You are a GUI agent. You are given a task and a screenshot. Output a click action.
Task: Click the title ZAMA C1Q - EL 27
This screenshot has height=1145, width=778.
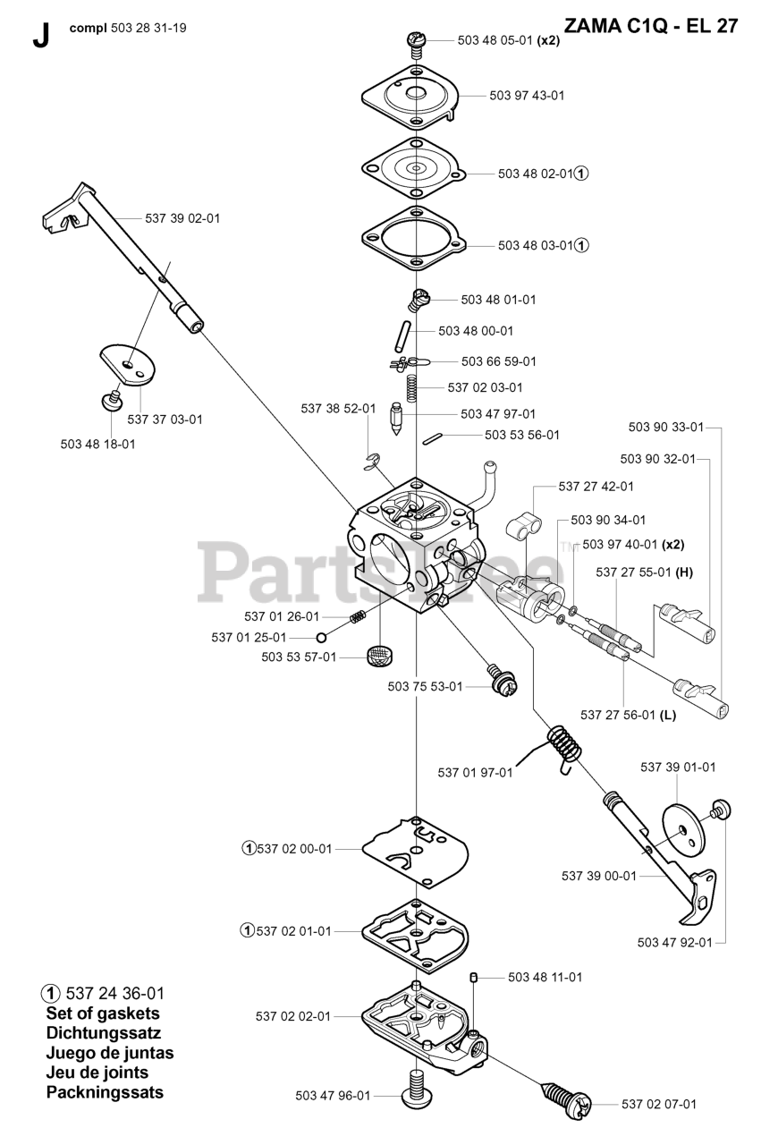(x=651, y=26)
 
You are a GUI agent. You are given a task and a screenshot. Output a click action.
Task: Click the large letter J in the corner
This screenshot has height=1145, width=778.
(x=39, y=35)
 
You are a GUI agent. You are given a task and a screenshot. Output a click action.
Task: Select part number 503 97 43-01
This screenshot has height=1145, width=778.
(x=527, y=95)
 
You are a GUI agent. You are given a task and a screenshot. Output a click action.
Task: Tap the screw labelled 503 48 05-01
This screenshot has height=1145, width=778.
(x=416, y=40)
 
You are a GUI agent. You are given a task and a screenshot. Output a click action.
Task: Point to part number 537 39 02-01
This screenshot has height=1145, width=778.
(x=182, y=218)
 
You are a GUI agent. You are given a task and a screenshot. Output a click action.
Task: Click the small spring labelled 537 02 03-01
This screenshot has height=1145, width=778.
(x=412, y=388)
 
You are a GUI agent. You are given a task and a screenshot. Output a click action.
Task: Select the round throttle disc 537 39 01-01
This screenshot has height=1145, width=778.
(x=684, y=831)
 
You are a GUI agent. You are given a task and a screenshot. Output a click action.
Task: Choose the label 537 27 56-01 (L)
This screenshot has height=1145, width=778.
(x=628, y=714)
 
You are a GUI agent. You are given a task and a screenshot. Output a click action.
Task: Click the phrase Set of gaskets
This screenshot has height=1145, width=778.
(x=103, y=1014)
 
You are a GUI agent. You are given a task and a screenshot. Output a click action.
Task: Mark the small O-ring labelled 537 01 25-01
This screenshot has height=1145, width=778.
(x=320, y=637)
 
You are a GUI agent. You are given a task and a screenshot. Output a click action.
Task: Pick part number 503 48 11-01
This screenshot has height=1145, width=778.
(x=545, y=977)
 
